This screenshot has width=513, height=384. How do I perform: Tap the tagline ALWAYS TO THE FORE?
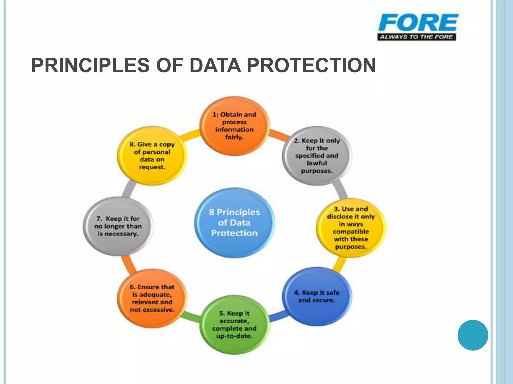click(x=417, y=37)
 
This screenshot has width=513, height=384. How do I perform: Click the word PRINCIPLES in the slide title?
click(x=90, y=65)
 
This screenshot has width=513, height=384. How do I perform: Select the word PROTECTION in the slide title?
click(x=311, y=65)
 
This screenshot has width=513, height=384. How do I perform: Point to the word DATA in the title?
click(x=215, y=65)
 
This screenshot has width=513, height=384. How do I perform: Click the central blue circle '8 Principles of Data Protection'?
click(x=234, y=223)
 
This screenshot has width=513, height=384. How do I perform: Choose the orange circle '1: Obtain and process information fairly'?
click(x=234, y=126)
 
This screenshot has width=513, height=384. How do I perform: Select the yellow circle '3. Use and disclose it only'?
click(x=351, y=228)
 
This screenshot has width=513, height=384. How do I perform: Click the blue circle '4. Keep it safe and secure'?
click(x=317, y=296)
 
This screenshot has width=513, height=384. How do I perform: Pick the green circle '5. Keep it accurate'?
click(x=234, y=325)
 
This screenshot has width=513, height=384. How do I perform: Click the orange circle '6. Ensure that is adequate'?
click(x=152, y=298)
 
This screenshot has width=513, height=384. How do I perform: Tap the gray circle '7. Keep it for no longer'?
click(x=118, y=226)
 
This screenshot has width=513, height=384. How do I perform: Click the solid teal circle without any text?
click(x=473, y=335)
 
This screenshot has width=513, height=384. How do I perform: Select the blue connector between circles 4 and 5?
click(x=278, y=316)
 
